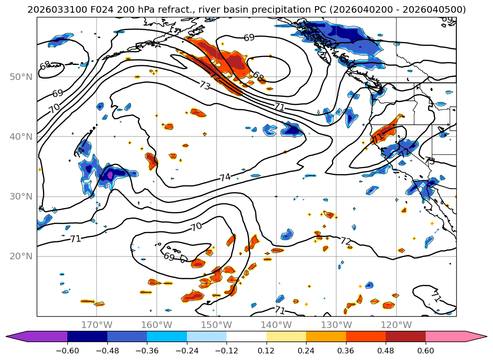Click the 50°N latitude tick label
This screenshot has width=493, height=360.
(x=21, y=77)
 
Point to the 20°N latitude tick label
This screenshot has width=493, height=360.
(x=21, y=256)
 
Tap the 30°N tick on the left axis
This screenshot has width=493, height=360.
(x=21, y=197)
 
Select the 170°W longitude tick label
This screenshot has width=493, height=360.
(x=97, y=325)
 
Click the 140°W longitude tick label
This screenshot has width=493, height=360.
(x=276, y=325)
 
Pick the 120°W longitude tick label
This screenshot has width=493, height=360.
(x=396, y=325)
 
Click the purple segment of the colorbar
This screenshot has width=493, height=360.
(x=42, y=336)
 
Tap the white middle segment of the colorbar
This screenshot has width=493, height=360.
(x=246, y=336)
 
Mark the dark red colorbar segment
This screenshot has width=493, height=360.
(x=405, y=336)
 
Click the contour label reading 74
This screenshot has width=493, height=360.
(x=225, y=177)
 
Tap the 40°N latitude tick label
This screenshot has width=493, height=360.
(x=21, y=137)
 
